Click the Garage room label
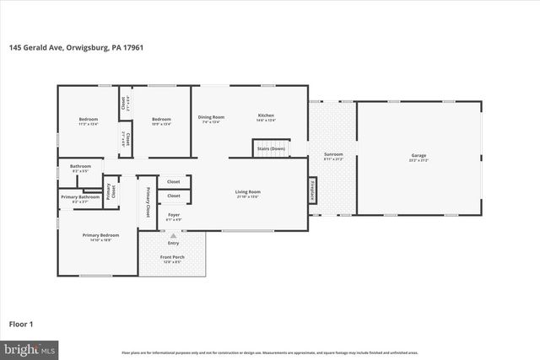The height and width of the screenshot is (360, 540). coord(418,156)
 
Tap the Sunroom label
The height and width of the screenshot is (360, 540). coord(333,156)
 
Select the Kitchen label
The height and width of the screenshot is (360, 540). coord(266,116)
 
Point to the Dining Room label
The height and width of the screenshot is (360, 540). coord(211,117)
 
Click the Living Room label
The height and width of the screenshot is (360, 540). coord(248,193)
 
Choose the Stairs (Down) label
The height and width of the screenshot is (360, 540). coord(270,148)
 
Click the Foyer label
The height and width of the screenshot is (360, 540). coord(174,216)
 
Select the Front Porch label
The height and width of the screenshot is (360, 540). coord(173,258)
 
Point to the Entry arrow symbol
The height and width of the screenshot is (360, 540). coord(173,236)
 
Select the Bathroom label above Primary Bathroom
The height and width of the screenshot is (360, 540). coord(80,167)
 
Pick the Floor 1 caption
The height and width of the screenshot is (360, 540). coord(22,323)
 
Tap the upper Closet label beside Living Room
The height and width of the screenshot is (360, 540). coord(174,181)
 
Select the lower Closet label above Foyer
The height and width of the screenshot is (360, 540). coord(174,196)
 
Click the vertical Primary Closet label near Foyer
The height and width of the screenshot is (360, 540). coord(148,201)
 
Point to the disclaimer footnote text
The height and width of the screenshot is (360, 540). coord(270,352)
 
